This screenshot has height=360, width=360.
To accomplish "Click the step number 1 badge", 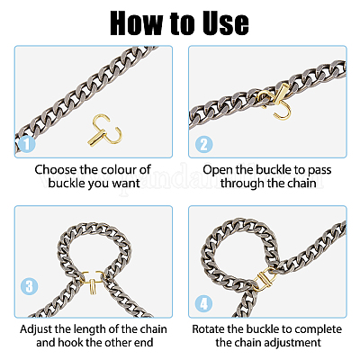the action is coord(26,144).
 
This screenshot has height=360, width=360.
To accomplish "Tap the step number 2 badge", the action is coord(204,144).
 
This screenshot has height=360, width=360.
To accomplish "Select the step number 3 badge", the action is coord(30,286).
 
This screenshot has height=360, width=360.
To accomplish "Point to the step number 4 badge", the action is coord(204,303).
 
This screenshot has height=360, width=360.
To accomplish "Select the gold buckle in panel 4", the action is coord(264,280).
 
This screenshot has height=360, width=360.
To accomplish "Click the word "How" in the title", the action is coord(137,23).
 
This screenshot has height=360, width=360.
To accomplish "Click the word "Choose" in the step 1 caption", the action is coord(56,169).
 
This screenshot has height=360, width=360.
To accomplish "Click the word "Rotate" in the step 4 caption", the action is coord(208,329).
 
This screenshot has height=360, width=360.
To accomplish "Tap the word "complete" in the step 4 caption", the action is coord(319,329).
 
